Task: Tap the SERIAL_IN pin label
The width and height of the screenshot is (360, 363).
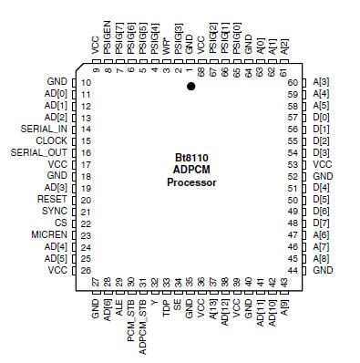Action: pos(43,129)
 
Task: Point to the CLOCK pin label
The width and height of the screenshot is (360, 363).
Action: pos(51,140)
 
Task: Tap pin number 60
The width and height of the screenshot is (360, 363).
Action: pos(293,82)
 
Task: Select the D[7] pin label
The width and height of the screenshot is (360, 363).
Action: pos(322,223)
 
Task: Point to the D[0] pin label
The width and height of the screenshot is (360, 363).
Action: pos(322,118)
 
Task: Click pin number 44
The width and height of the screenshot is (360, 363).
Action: pos(293,270)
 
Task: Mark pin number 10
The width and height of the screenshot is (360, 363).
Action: pos(86,82)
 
